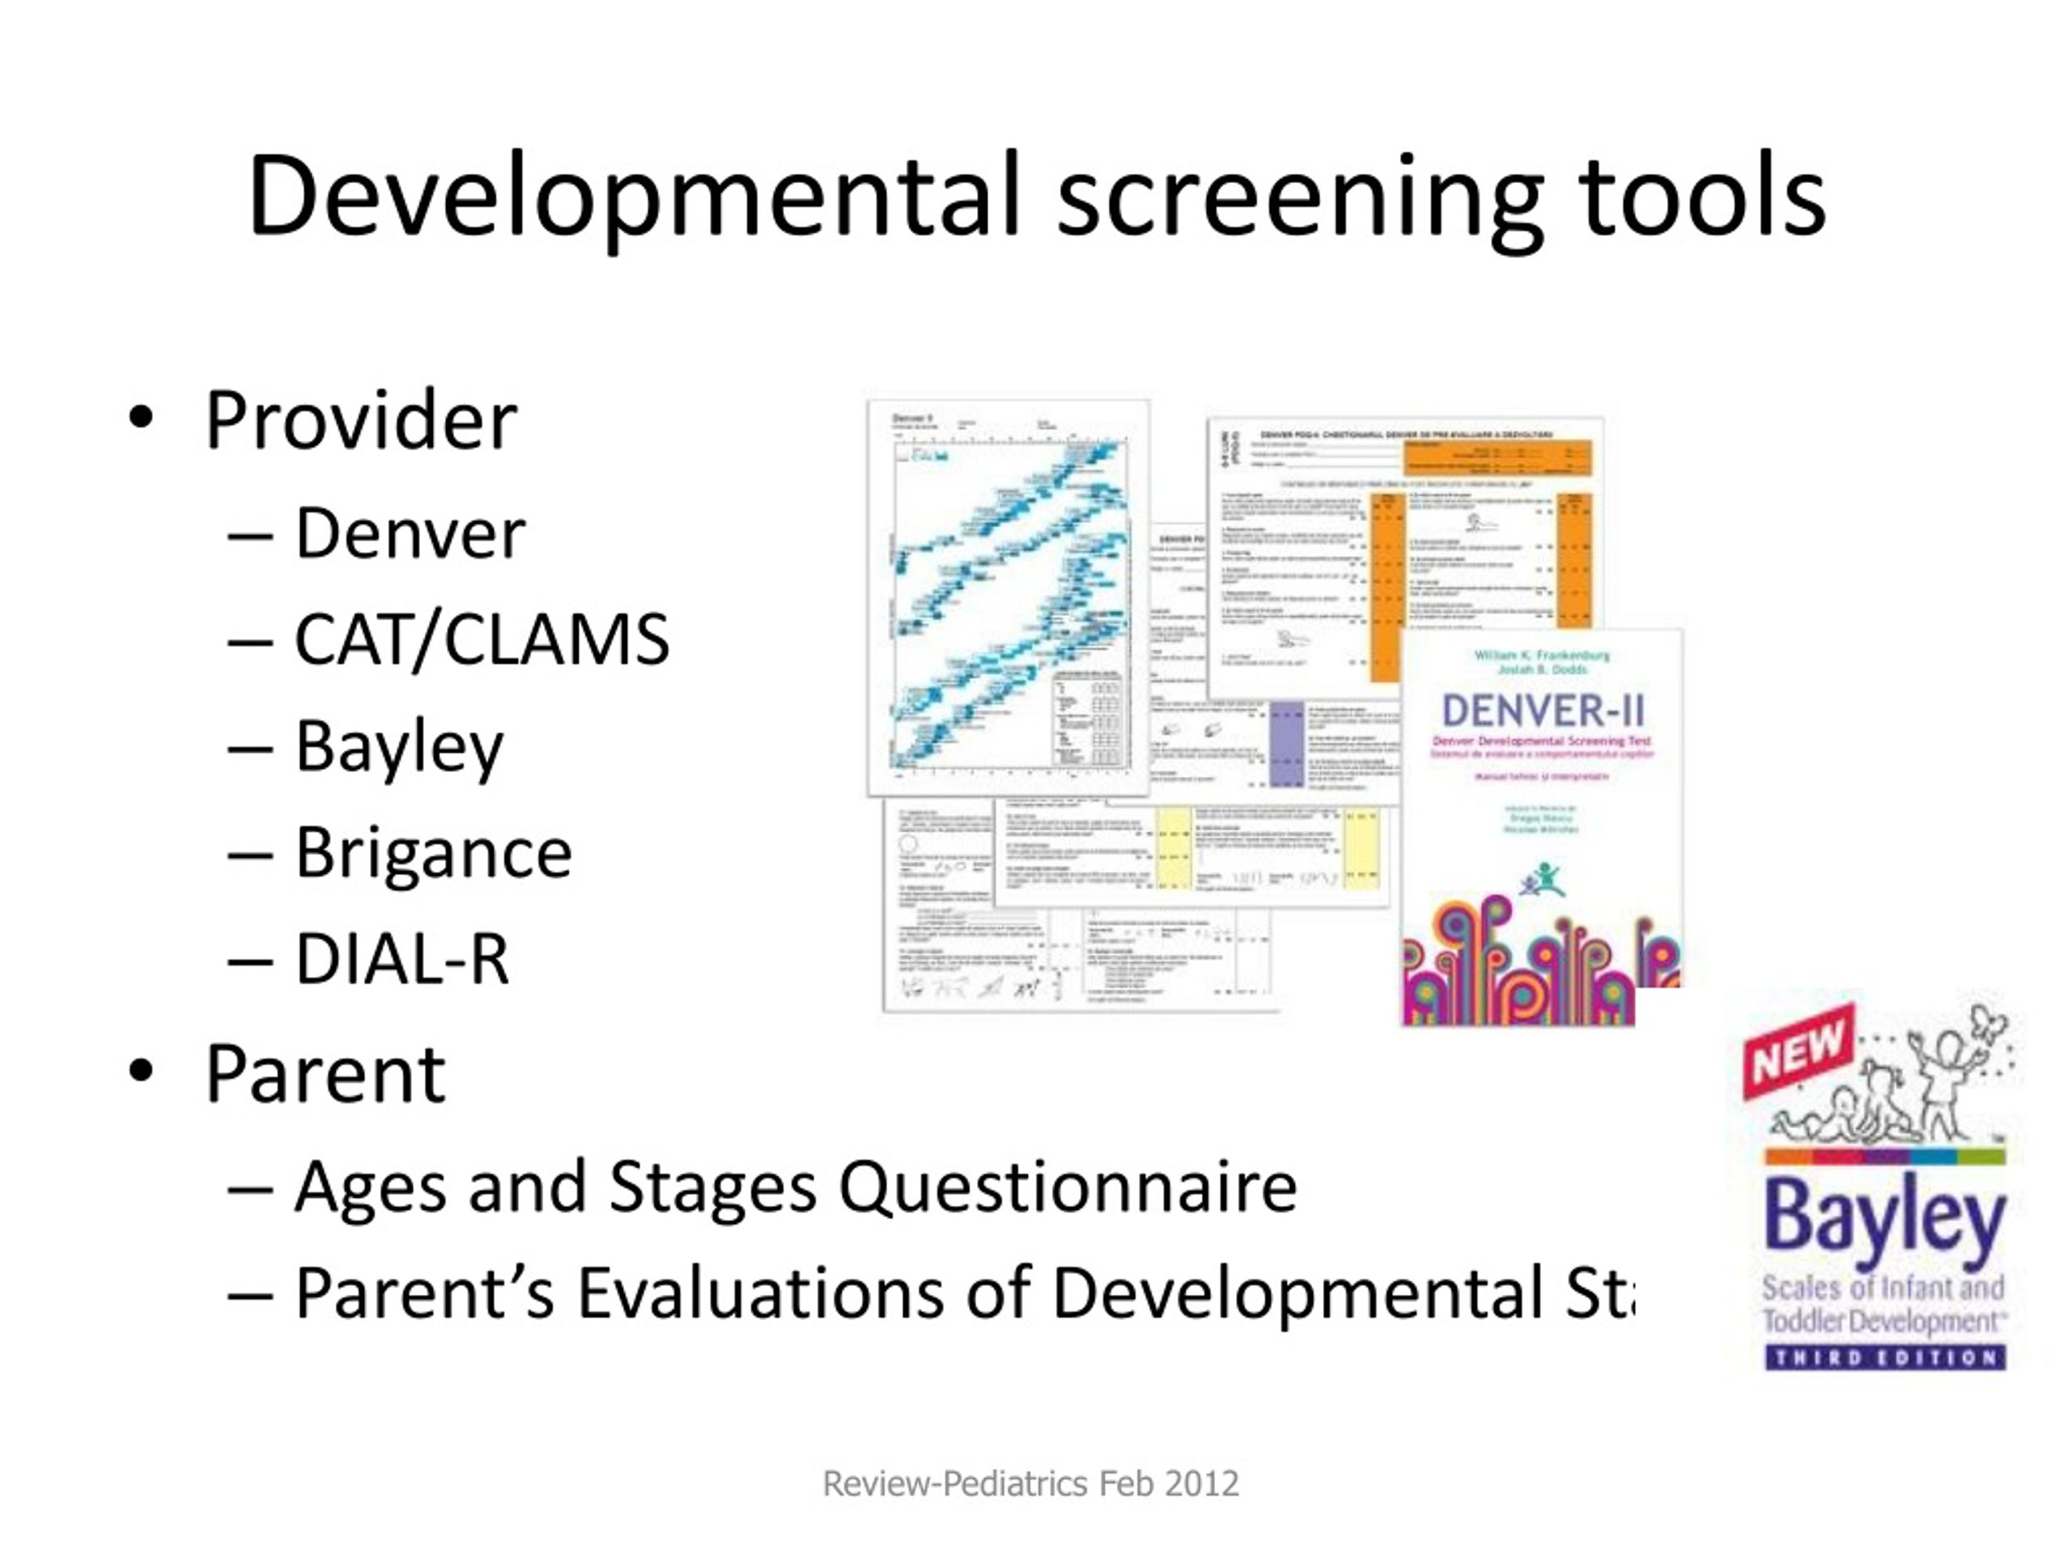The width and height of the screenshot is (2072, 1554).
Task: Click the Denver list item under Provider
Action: (410, 534)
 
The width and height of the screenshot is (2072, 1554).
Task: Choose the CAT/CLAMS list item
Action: (482, 639)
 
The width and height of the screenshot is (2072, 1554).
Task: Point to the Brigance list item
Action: (433, 852)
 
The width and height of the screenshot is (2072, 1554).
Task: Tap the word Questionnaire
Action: (1067, 1187)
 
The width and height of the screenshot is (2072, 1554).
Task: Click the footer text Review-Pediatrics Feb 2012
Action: (1030, 1484)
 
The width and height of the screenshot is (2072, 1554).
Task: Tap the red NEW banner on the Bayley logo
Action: (1798, 1049)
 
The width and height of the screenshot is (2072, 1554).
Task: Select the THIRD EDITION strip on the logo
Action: (1885, 1357)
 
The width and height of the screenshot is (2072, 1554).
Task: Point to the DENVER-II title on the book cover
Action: (1542, 711)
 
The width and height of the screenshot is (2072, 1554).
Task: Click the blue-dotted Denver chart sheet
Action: (1008, 600)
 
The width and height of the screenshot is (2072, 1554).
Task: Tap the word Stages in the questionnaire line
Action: (713, 1187)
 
